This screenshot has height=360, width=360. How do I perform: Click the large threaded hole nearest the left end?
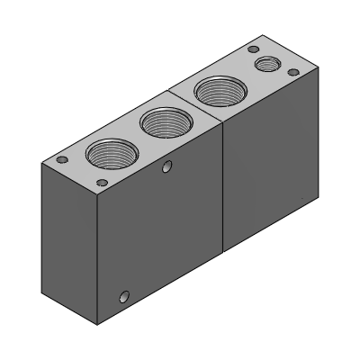pos(111,156)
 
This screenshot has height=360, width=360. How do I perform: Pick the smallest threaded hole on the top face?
pos(266,64)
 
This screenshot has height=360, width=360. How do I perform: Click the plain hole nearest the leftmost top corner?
pos(62,159)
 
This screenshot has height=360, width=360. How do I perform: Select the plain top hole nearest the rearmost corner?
pos(254,49)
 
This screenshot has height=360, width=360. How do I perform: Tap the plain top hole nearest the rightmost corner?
pos(292,71)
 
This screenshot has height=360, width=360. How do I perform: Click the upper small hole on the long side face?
pos(166,166)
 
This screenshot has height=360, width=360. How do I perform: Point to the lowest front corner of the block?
pos(97,322)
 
